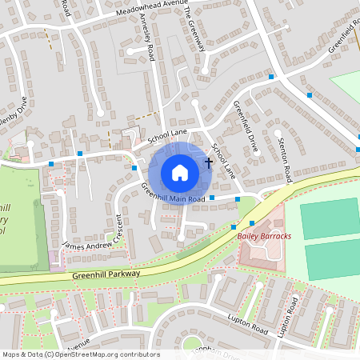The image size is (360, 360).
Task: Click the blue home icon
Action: point(180,172)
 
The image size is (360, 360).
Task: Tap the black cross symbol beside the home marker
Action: point(209,162)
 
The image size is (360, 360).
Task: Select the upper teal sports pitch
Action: point(330,217)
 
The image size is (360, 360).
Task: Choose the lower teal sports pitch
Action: point(332,259)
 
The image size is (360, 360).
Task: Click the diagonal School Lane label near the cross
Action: point(223,160)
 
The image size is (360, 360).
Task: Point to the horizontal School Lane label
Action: point(166,133)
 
